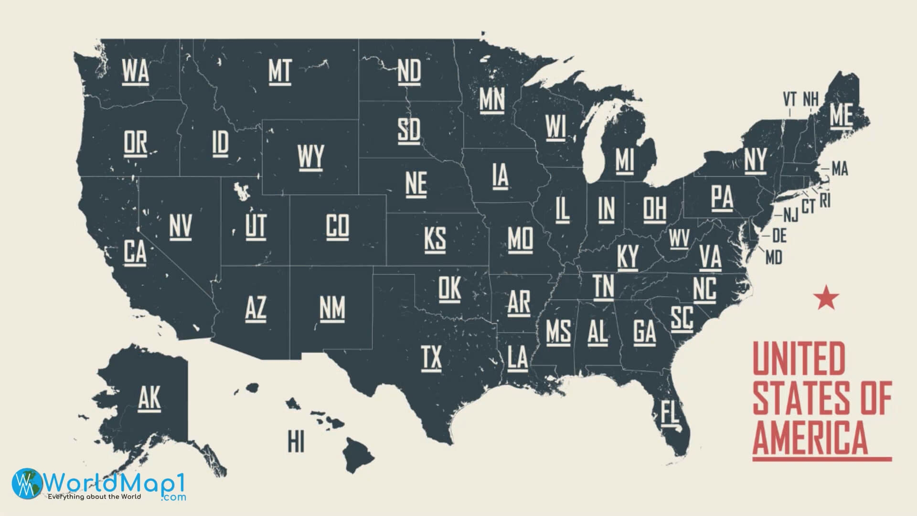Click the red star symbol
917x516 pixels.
826,298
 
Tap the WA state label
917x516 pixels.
135,71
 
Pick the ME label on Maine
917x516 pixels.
841,115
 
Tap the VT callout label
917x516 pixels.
789,99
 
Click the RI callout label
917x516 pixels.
825,201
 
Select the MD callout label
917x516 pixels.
774,258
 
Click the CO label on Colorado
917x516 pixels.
337,226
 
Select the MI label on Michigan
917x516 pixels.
624,160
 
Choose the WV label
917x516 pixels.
679,238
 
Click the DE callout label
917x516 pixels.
779,236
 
